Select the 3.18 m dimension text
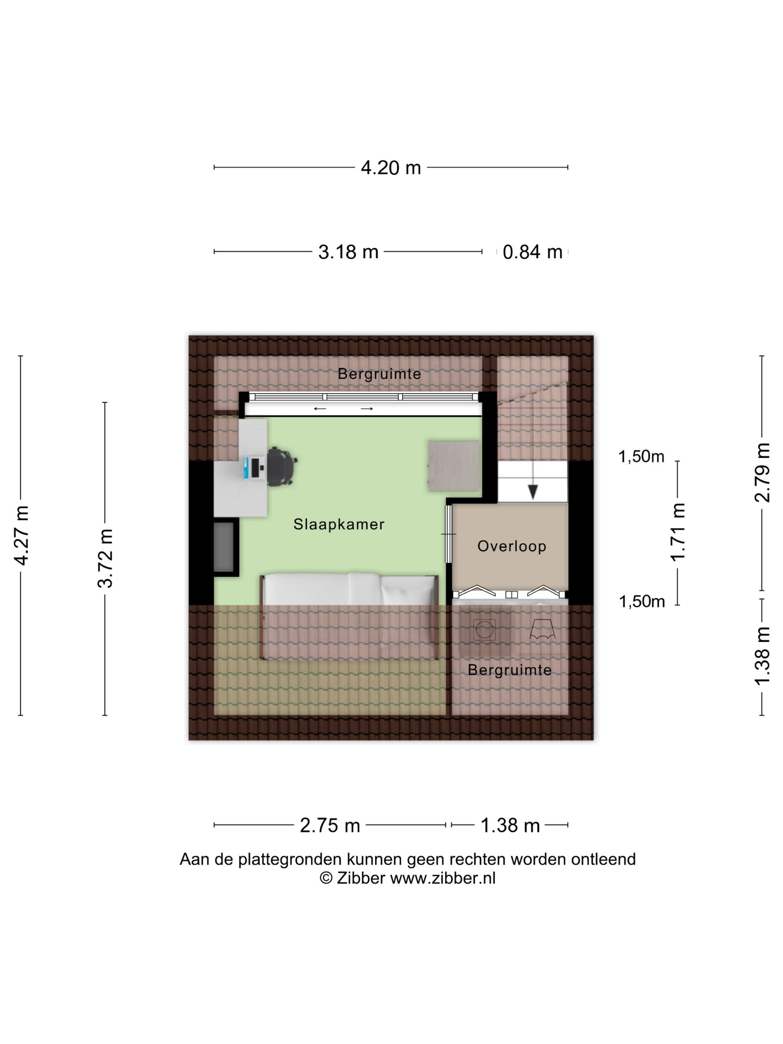(x=348, y=252)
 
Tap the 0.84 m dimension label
(x=532, y=252)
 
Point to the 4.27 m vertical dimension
(x=22, y=535)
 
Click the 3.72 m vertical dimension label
(x=105, y=558)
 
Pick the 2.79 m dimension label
(x=762, y=472)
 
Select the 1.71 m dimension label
(x=678, y=532)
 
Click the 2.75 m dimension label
(x=330, y=826)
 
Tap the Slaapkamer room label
(x=339, y=524)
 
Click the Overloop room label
(x=512, y=546)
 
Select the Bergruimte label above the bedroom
(x=380, y=374)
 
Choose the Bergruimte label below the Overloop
(x=510, y=670)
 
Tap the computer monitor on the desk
(x=246, y=467)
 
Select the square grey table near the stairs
(x=453, y=466)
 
